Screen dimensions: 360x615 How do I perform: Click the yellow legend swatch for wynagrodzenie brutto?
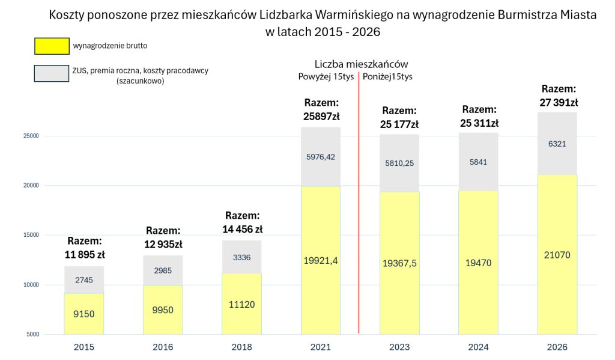[52, 46]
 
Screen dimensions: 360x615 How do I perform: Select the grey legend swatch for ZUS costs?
[52, 74]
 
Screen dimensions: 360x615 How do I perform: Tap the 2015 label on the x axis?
[84, 347]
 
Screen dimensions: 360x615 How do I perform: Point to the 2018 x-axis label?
[242, 347]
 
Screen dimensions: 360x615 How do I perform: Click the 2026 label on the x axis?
[557, 347]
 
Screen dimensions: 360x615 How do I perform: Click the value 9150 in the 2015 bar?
[84, 314]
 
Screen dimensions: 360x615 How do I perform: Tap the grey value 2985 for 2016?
[163, 270]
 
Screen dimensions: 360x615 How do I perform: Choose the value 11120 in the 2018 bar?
[242, 304]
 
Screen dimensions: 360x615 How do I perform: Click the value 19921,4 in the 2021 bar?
[321, 260]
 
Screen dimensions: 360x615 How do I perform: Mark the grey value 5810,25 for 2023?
[399, 163]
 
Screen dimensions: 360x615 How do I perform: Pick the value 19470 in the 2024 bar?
[478, 263]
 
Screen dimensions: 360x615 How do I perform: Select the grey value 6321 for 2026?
[557, 144]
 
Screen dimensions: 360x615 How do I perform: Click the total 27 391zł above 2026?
[557, 102]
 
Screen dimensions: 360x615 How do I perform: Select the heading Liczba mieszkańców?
[362, 64]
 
